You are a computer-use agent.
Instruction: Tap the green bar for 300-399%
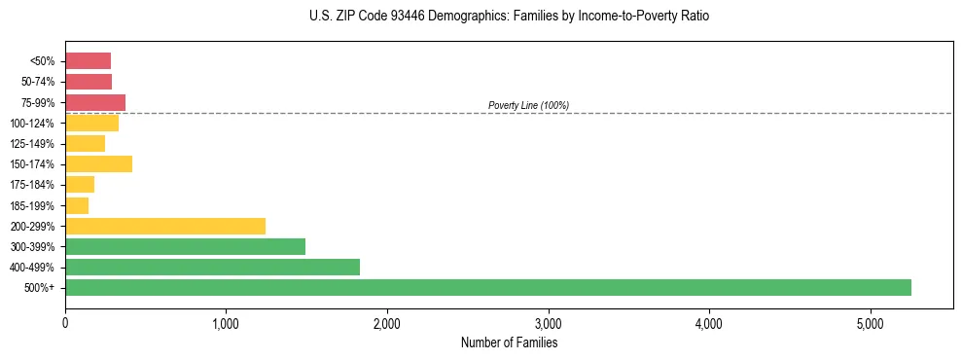tap(185, 246)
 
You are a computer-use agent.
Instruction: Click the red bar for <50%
tap(88, 61)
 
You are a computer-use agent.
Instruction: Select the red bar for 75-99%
tap(95, 102)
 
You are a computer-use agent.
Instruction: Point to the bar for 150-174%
tap(98, 164)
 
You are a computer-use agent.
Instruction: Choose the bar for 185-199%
tap(77, 205)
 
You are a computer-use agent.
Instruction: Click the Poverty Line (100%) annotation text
tap(528, 105)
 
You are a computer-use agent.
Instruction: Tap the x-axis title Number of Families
tap(509, 342)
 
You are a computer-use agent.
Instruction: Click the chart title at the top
tap(510, 17)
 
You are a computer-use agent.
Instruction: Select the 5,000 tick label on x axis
tap(871, 322)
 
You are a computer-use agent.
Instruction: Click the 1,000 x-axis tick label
tap(226, 322)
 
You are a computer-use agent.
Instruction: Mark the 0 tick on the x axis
tap(65, 322)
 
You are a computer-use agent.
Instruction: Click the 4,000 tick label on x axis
tap(709, 322)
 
